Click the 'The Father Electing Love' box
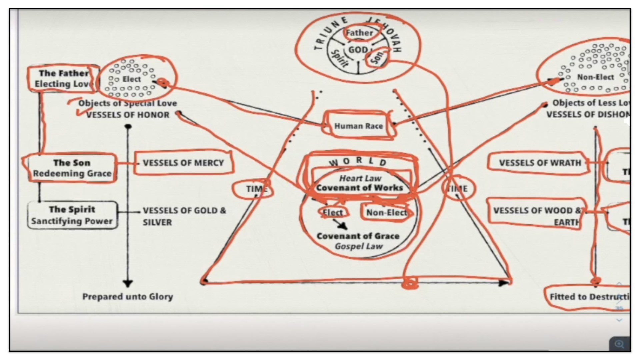(x=63, y=79)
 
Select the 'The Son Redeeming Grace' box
(x=72, y=168)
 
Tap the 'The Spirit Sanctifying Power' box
(x=72, y=215)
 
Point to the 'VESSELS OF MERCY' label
(x=183, y=163)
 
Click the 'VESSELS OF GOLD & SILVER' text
(x=184, y=216)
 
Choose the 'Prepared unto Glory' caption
(x=128, y=297)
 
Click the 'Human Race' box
(x=358, y=126)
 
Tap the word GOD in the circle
(x=358, y=50)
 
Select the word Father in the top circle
(x=359, y=33)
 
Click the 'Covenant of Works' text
(x=359, y=188)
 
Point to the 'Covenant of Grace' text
(x=358, y=236)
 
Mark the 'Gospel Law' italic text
(x=359, y=246)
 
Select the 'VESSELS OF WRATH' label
(x=540, y=163)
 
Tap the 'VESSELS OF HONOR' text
(x=128, y=115)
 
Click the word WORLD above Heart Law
(x=358, y=162)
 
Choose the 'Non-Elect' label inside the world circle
(x=386, y=213)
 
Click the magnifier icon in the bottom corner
(x=619, y=344)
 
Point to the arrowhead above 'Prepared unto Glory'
(x=128, y=284)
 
